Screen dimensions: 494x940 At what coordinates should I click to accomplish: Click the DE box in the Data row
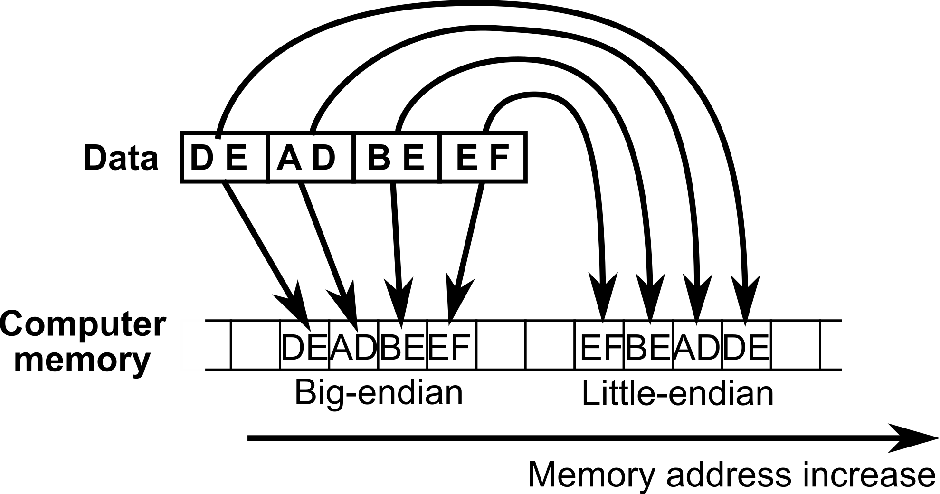coord(224,158)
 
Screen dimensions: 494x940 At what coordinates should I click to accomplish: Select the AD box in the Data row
coord(312,158)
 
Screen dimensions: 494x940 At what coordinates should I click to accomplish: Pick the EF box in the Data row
coord(484,158)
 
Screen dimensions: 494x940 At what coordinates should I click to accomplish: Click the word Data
coord(121,158)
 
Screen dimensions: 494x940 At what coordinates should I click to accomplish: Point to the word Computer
coord(84,325)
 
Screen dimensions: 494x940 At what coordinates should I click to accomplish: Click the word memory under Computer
coord(82,360)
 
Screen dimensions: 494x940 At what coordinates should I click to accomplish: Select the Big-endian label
coord(379,392)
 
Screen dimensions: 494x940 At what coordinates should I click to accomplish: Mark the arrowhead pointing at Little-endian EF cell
coord(603,297)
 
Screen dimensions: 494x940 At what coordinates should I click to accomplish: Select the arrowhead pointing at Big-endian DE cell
coord(297,304)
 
